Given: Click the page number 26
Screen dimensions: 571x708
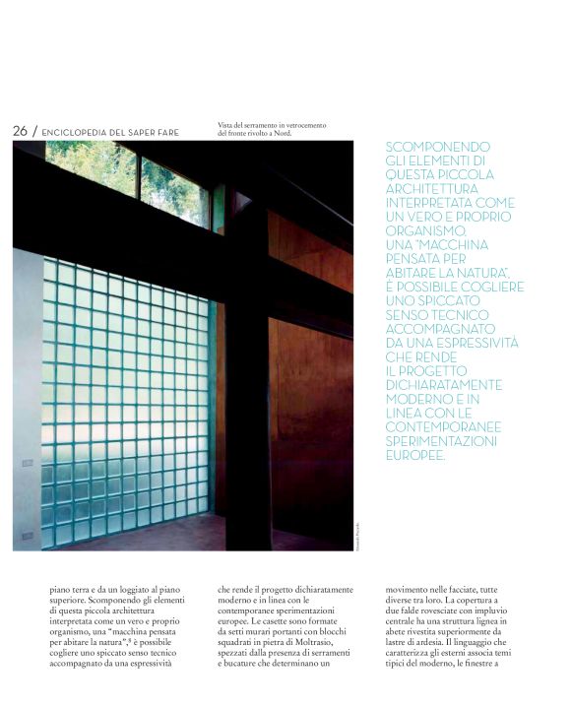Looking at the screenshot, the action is click(x=20, y=131).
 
